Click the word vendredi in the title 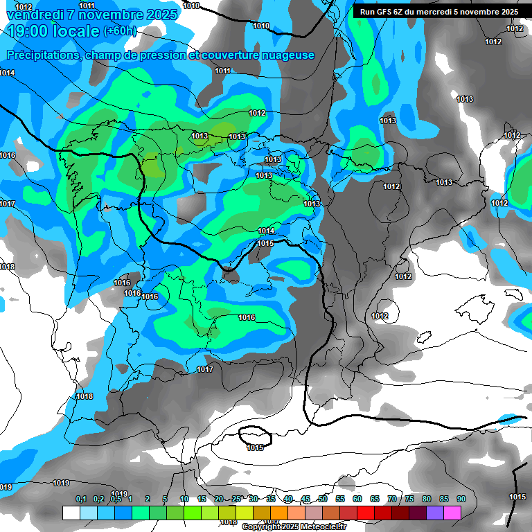point(35,15)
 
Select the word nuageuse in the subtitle point(286,55)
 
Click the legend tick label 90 point(461,499)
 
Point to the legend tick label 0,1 point(80,499)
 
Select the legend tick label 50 point(323,499)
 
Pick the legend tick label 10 point(184,499)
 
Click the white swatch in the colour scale point(71,513)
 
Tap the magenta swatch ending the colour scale point(452,513)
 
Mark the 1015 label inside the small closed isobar point(255,447)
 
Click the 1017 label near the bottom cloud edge point(205,369)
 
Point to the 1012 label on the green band point(257,113)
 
